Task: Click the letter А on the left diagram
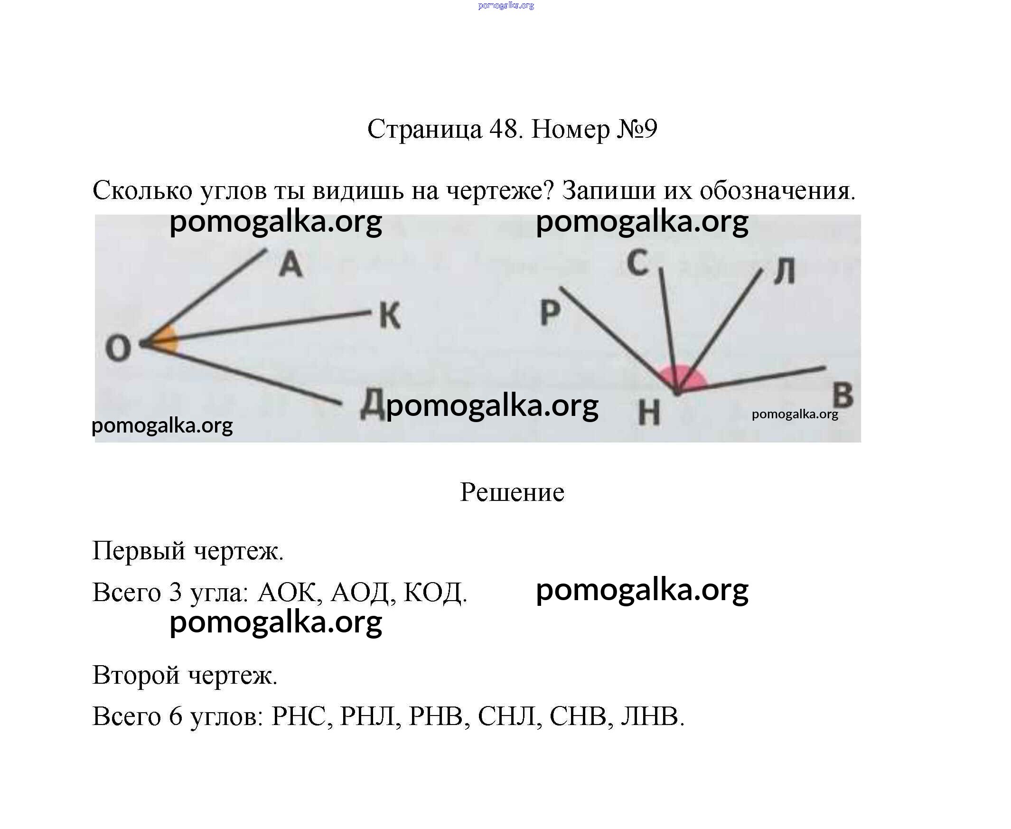coord(290,264)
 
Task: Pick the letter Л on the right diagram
coord(784,271)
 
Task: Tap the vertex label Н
coord(650,412)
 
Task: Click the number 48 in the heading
coord(504,129)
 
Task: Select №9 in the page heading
coord(637,129)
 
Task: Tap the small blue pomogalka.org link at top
coord(506,5)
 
